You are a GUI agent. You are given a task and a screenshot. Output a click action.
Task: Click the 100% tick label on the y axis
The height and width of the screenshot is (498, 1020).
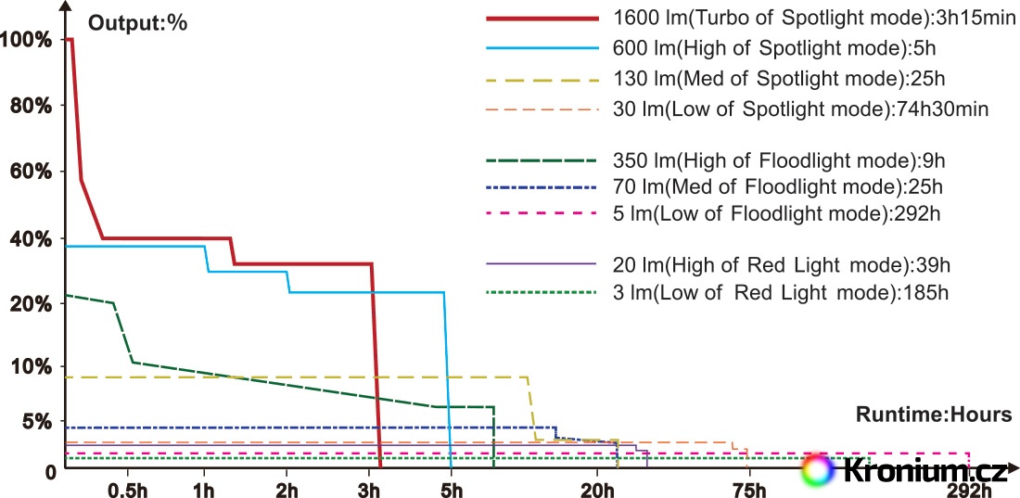click(27, 40)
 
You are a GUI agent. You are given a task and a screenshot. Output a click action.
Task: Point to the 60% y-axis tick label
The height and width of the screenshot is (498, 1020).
click(32, 172)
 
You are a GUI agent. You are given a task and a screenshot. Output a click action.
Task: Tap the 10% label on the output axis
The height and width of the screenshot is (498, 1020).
click(32, 366)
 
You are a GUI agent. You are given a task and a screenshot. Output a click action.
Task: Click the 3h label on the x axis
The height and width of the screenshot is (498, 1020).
click(369, 491)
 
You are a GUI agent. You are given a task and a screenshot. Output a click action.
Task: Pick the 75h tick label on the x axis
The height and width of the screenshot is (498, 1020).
click(748, 491)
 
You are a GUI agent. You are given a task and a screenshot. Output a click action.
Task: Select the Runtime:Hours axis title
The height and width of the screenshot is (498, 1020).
click(934, 415)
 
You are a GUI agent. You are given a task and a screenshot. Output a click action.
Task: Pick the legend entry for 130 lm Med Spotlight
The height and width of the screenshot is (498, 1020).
click(779, 80)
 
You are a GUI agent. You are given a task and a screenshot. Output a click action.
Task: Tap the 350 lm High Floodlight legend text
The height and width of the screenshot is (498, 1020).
click(779, 160)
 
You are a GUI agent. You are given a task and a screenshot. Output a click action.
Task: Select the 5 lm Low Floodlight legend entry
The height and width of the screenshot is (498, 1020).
click(777, 213)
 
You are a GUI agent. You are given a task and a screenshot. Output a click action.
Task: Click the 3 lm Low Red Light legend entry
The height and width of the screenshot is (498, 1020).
click(780, 292)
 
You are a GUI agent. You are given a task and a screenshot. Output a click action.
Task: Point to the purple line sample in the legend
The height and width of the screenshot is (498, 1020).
click(541, 264)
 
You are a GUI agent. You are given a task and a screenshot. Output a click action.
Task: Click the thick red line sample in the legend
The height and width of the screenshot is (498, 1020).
click(541, 19)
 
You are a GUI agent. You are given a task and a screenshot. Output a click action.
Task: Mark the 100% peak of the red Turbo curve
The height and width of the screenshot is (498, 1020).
click(70, 40)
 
